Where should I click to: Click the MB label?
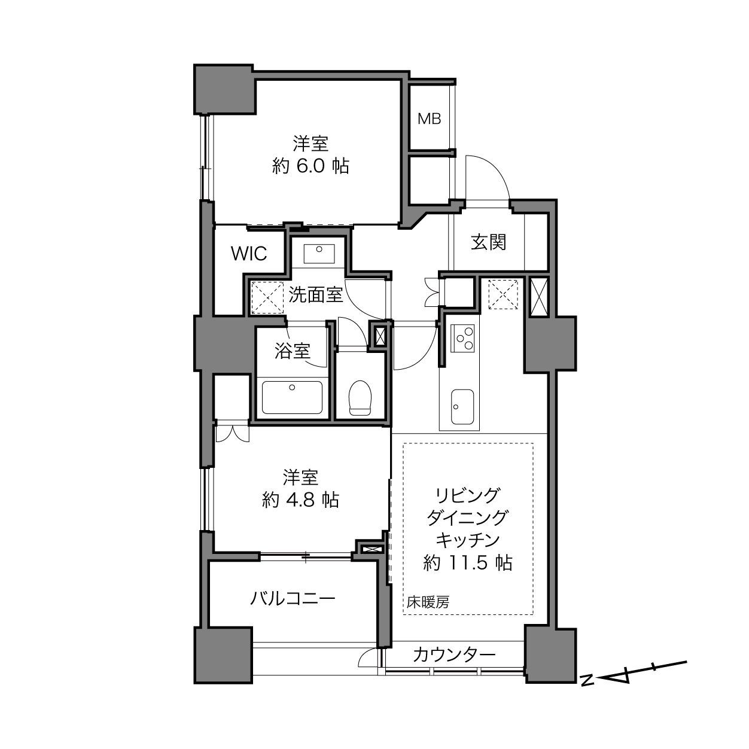[x=429, y=119]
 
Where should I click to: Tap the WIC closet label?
[x=249, y=254]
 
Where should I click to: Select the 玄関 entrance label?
[x=489, y=242]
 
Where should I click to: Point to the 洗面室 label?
[x=316, y=295]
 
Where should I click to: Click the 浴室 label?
[x=293, y=351]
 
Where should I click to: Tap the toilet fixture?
[x=360, y=397]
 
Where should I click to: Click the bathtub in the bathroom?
[x=293, y=397]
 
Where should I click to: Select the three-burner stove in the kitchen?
[x=462, y=338]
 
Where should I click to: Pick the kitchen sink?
[x=462, y=407]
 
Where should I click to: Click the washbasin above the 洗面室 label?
[x=319, y=254]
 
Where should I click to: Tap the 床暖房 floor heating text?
[x=428, y=602]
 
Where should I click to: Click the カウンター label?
[x=455, y=655]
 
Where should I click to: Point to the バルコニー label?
[x=293, y=598]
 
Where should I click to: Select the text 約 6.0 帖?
[x=310, y=166]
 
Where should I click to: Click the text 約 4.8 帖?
[x=300, y=500]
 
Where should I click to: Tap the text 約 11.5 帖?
[x=468, y=562]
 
